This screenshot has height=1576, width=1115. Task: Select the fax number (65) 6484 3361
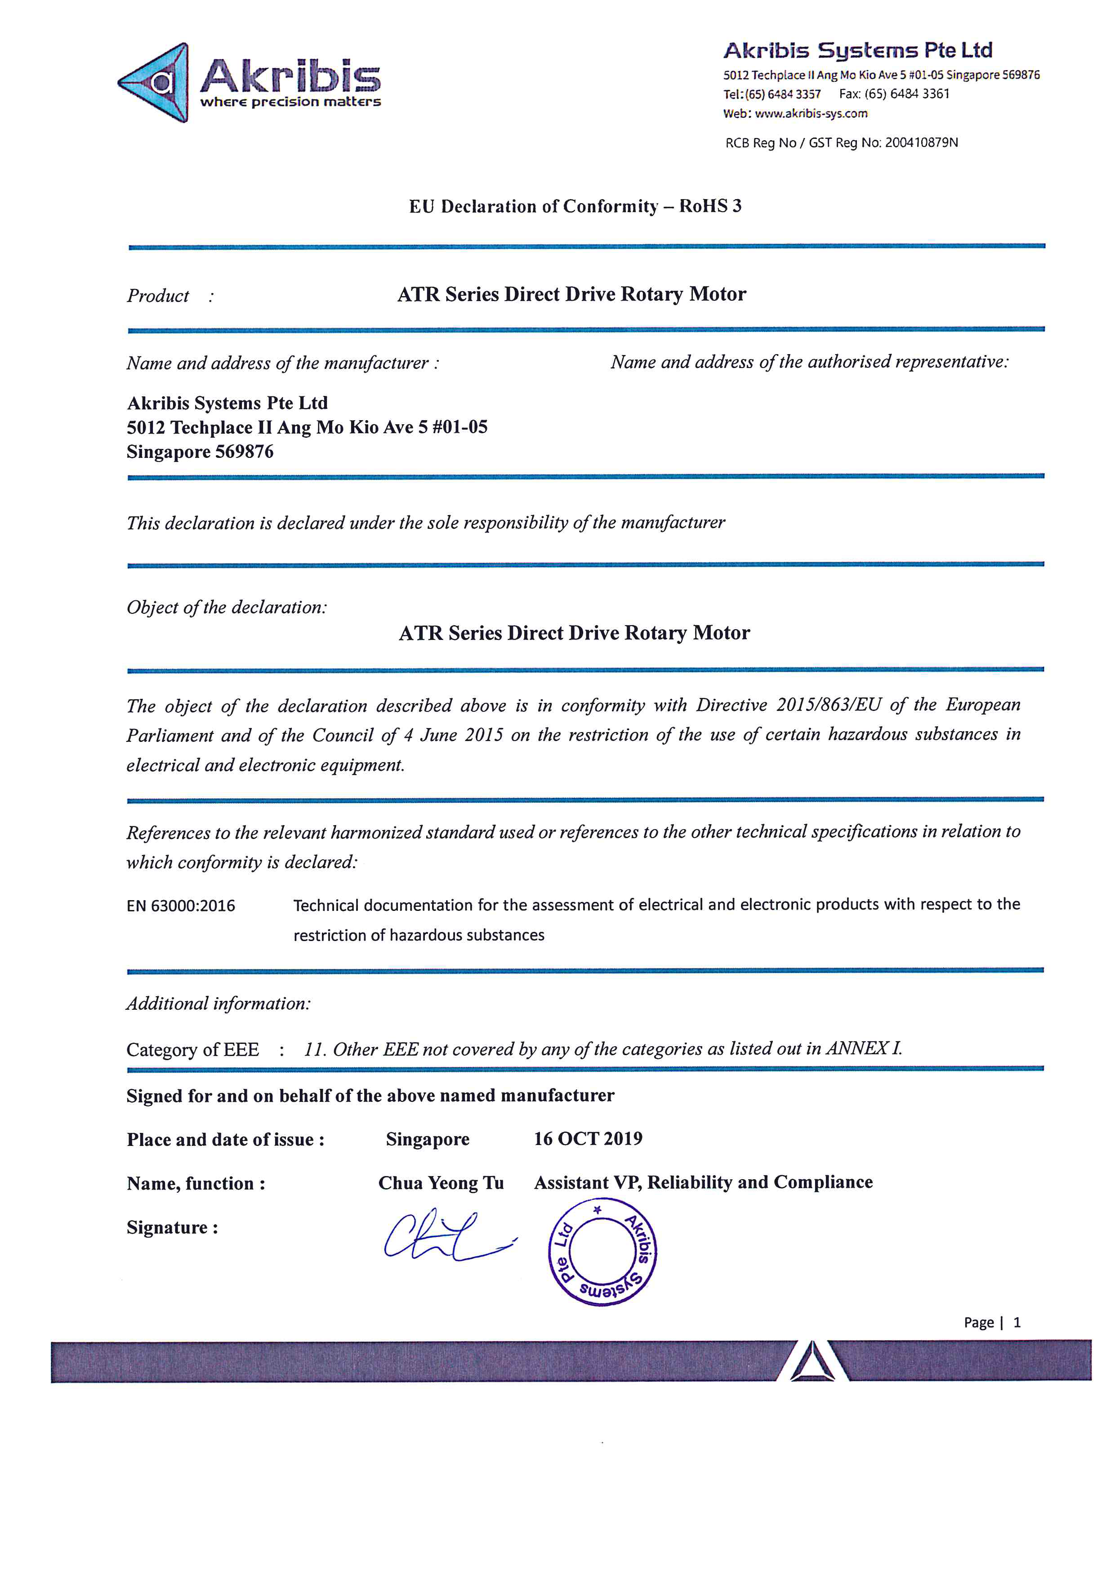tap(906, 94)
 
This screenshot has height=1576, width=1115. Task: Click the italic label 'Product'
tap(158, 296)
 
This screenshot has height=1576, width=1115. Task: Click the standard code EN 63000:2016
tap(181, 906)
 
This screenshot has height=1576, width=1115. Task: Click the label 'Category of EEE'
tap(193, 1049)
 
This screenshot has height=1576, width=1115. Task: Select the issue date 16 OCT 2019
tap(588, 1139)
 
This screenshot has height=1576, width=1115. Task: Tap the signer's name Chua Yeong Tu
tap(441, 1183)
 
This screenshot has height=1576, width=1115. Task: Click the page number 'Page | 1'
tap(991, 1322)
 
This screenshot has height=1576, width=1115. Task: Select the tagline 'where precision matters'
tap(290, 102)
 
